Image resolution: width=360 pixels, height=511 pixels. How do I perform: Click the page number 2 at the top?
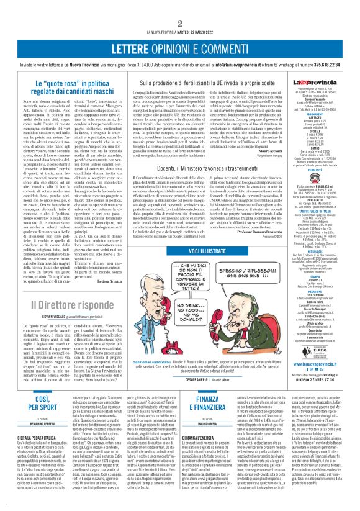click(179, 24)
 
